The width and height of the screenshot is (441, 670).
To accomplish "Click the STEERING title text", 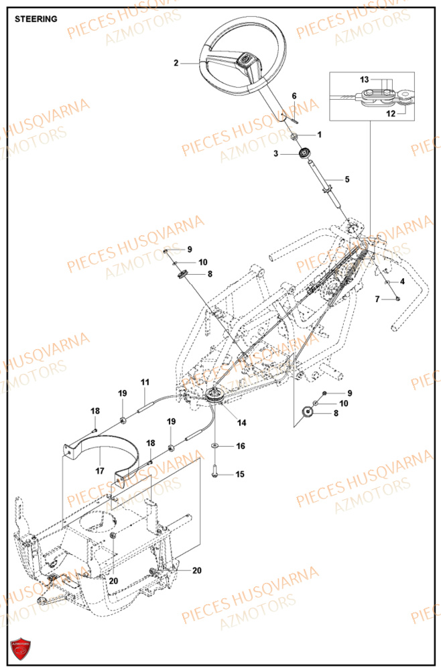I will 36,19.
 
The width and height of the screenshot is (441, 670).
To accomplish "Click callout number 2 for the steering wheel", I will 176,64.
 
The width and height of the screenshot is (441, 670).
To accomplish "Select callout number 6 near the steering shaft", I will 294,96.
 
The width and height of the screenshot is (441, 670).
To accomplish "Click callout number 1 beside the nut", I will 319,135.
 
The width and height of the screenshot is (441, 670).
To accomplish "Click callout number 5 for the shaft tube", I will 347,180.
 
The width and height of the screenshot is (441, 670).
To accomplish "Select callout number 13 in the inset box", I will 365,79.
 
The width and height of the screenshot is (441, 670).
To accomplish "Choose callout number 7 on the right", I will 377,298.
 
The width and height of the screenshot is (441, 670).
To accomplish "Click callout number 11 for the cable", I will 144,382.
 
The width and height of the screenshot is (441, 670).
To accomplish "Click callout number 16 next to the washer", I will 240,446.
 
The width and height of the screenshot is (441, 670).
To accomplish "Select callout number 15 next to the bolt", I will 240,474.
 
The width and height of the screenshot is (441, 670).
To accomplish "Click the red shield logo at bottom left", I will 21,649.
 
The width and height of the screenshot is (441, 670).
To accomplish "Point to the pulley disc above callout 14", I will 215,396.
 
